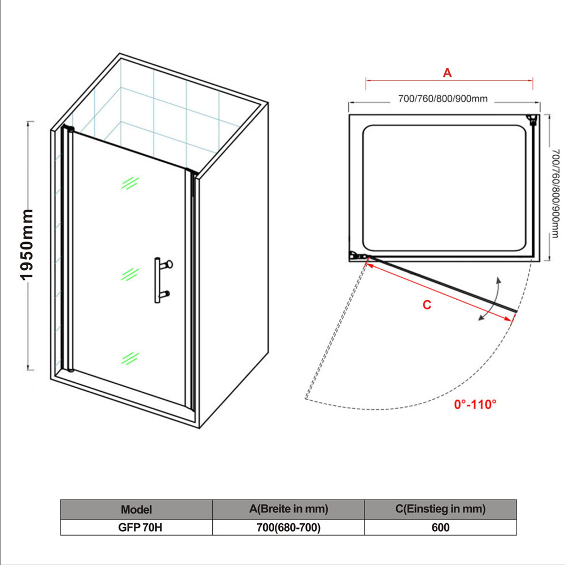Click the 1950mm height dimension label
pyautogui.click(x=27, y=244)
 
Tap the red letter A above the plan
pyautogui.click(x=447, y=73)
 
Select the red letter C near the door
pyautogui.click(x=427, y=305)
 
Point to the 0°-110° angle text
pyautogui.click(x=475, y=404)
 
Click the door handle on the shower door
pyautogui.click(x=161, y=280)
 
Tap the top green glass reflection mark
pyautogui.click(x=130, y=183)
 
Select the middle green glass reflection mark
pyautogui.click(x=130, y=274)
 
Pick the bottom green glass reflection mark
pyautogui.click(x=130, y=358)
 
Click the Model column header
pyautogui.click(x=136, y=510)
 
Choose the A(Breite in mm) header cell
pyautogui.click(x=288, y=509)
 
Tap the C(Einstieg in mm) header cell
pyautogui.click(x=440, y=509)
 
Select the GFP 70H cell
pyautogui.click(x=140, y=528)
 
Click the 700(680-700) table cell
pyautogui.click(x=288, y=528)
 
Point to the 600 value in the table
pyautogui.click(x=440, y=528)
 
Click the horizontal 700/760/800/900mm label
pyautogui.click(x=443, y=99)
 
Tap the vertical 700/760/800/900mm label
pyautogui.click(x=555, y=194)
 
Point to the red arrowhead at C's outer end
pyautogui.click(x=509, y=319)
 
